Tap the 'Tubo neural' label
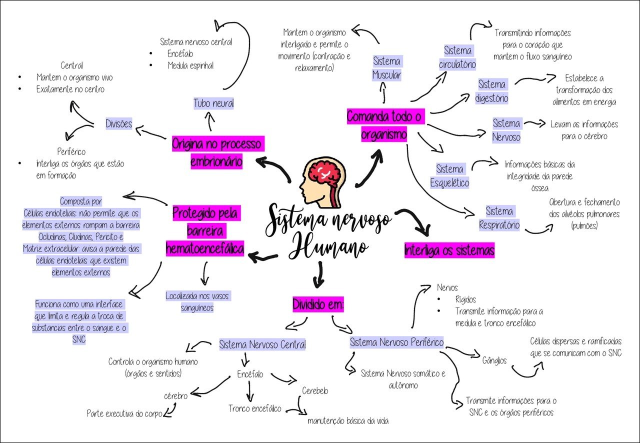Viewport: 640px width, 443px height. (x=213, y=103)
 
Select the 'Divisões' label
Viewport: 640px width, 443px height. (x=119, y=123)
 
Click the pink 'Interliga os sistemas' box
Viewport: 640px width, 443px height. (x=449, y=250)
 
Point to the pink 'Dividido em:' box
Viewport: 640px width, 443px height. (x=319, y=304)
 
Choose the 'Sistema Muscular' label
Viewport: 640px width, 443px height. (x=386, y=68)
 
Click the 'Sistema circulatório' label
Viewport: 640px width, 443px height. (x=457, y=57)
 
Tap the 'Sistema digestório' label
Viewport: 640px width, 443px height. (x=491, y=91)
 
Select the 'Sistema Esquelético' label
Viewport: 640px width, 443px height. (x=449, y=175)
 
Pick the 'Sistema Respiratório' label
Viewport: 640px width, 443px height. (x=499, y=218)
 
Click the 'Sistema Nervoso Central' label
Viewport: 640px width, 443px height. (x=262, y=344)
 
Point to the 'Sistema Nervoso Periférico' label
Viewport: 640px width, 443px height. (x=396, y=342)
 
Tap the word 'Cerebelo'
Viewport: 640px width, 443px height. (x=315, y=391)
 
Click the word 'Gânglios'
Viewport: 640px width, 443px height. (x=494, y=360)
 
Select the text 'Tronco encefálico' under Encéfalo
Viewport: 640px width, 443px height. (x=255, y=408)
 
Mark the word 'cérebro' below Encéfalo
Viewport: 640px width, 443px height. (x=175, y=396)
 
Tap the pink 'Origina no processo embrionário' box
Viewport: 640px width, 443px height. (x=216, y=152)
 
